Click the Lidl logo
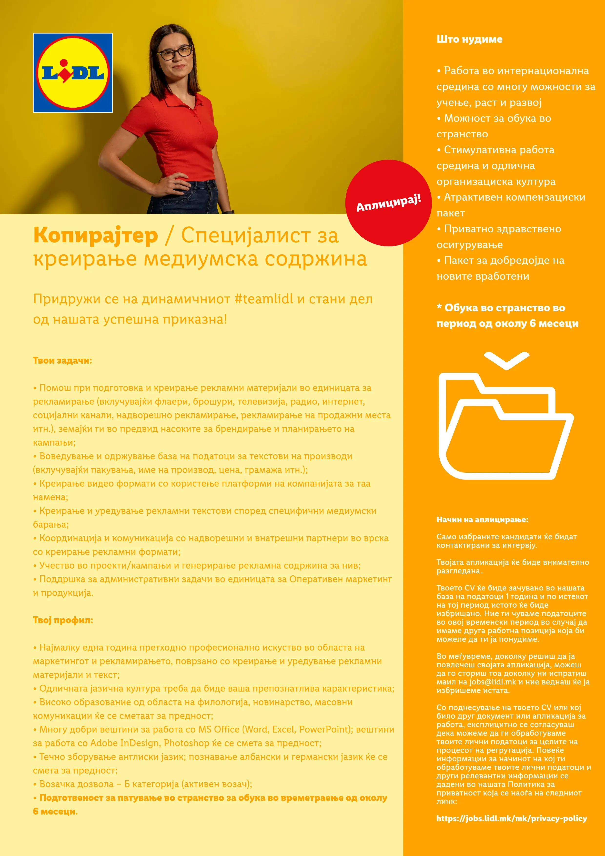click(x=73, y=73)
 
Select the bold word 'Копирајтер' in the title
click(x=95, y=236)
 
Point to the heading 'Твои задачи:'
click(x=62, y=360)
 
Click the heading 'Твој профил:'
click(x=63, y=620)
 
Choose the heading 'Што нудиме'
click(x=469, y=39)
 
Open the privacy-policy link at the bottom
click(x=511, y=818)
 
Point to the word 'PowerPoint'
click(x=325, y=729)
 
